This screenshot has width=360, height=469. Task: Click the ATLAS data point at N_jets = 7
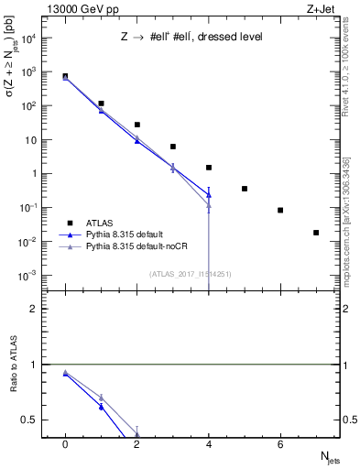pos(316,233)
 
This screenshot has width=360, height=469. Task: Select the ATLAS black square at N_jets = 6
pos(280,210)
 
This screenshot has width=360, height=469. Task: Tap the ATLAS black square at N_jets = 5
pos(245,189)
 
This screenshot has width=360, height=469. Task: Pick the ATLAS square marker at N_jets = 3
pos(173,147)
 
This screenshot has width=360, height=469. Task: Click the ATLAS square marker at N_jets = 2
pos(137,125)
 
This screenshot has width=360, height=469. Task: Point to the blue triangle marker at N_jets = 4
pos(209,194)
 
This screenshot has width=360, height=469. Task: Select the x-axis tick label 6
pos(280,444)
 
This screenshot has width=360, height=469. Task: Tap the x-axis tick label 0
pos(65,444)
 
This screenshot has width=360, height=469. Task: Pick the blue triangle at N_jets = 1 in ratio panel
pos(101,407)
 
